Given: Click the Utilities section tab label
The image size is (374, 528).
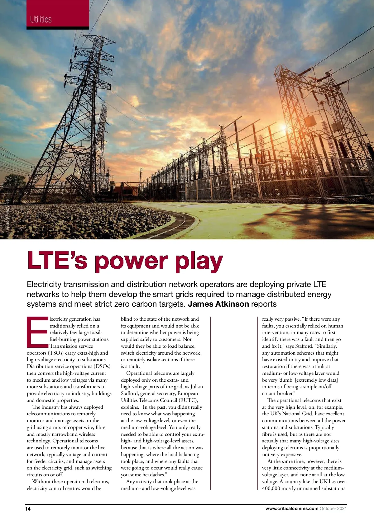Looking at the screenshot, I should tap(41, 19).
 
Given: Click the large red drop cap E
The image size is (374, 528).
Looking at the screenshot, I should tap(37, 332).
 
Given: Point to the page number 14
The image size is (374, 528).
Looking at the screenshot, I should tap(28, 509).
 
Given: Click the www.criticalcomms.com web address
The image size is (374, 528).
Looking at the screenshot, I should tap(292, 508).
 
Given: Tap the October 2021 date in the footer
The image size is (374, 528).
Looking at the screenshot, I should tap(333, 508).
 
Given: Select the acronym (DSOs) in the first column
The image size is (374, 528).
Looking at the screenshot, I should tap(100, 366).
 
